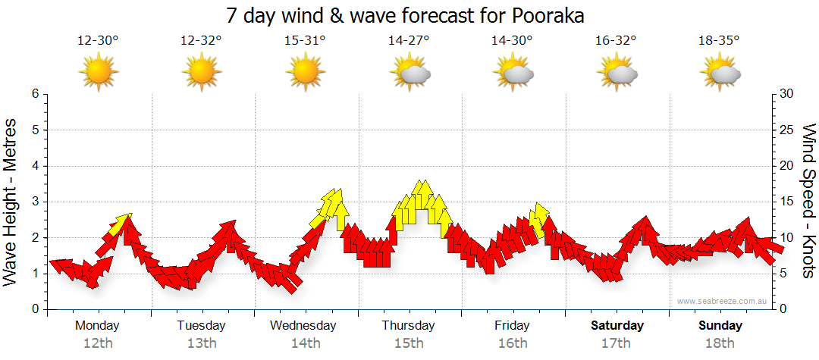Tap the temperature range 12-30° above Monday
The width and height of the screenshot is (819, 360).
(x=98, y=41)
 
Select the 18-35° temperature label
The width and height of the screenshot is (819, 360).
(x=719, y=41)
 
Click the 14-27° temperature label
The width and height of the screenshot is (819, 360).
(x=409, y=41)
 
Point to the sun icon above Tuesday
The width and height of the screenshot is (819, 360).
(x=202, y=74)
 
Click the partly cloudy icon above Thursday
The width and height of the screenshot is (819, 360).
(x=410, y=74)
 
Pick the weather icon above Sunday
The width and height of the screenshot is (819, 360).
(x=720, y=74)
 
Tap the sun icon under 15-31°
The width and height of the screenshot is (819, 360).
(x=305, y=74)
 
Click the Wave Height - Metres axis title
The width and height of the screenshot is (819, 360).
(x=11, y=202)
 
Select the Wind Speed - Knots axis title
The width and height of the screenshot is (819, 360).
(x=808, y=202)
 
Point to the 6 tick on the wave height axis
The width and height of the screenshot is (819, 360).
(x=34, y=94)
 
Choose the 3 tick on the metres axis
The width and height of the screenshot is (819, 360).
(x=34, y=202)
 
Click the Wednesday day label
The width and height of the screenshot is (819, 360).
(x=303, y=326)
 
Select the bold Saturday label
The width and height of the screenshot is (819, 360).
(x=617, y=326)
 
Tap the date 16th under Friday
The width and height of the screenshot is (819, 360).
(x=513, y=343)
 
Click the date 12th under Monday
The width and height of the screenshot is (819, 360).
(x=98, y=343)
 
